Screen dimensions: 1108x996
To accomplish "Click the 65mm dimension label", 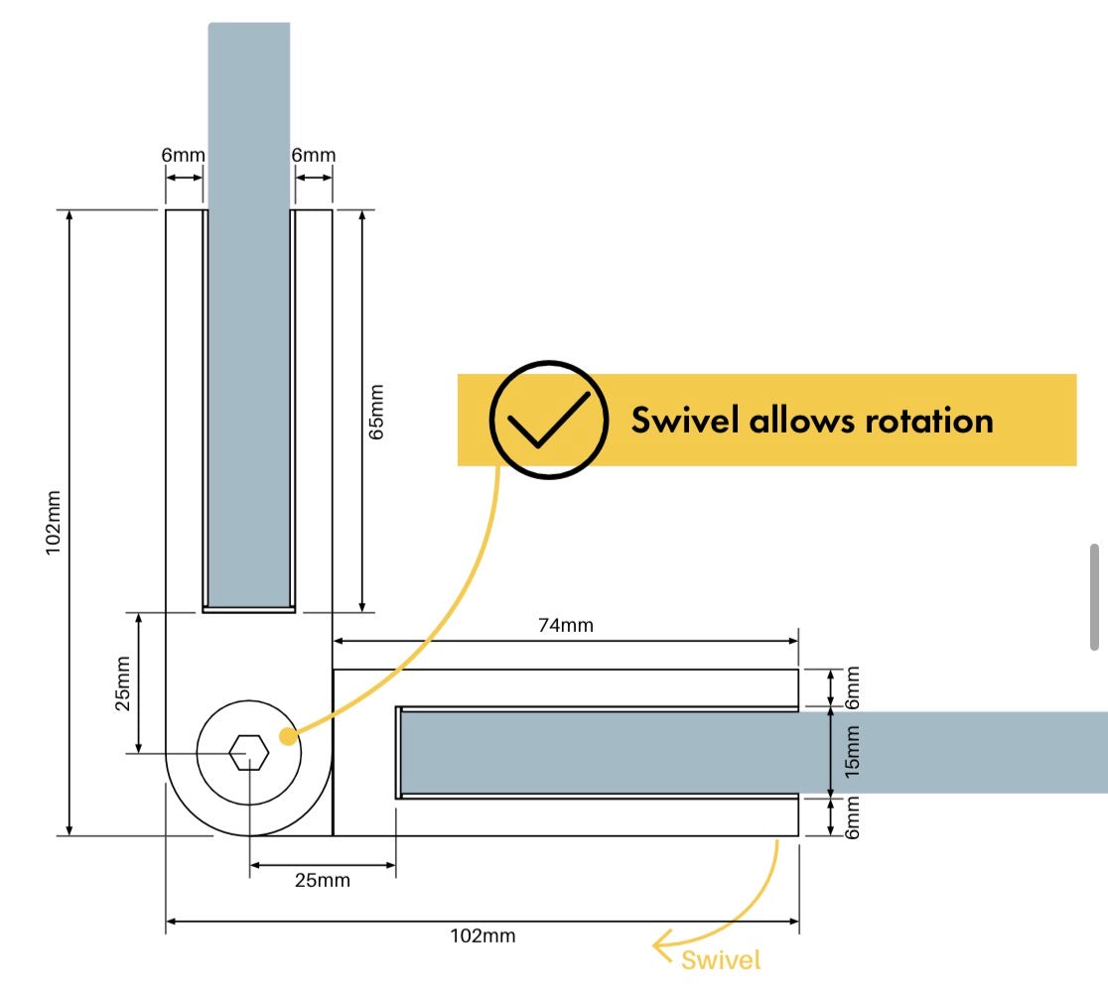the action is pyautogui.click(x=376, y=413).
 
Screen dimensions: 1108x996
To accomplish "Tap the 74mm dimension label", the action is pyautogui.click(x=565, y=625).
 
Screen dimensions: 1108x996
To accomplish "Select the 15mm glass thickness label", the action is pyautogui.click(x=853, y=752).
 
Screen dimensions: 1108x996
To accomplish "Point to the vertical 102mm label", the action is pyautogui.click(x=53, y=523).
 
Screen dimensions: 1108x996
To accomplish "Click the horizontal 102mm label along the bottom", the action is pyautogui.click(x=483, y=936).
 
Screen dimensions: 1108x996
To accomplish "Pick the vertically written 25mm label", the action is pyautogui.click(x=123, y=684).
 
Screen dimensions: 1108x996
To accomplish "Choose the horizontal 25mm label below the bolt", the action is pyautogui.click(x=323, y=880).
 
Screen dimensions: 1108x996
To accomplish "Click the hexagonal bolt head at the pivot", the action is pyautogui.click(x=249, y=753).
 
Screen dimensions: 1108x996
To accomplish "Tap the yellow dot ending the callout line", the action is pyautogui.click(x=288, y=736).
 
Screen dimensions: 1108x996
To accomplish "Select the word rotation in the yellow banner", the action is pyautogui.click(x=930, y=421).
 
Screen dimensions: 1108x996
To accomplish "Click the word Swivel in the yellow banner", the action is pyautogui.click(x=685, y=420).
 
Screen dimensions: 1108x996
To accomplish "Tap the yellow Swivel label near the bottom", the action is pyautogui.click(x=721, y=960).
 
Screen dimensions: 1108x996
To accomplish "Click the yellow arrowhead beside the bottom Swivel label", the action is pyautogui.click(x=662, y=944).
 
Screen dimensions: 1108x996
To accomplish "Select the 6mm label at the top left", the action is pyautogui.click(x=183, y=155).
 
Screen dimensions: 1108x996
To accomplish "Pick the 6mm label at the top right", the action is pyautogui.click(x=314, y=155).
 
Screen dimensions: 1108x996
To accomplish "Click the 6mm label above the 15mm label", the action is pyautogui.click(x=853, y=687).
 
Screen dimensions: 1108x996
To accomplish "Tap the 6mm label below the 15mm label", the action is pyautogui.click(x=853, y=817).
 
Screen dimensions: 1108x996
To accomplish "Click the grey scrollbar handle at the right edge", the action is pyautogui.click(x=1094, y=596).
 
